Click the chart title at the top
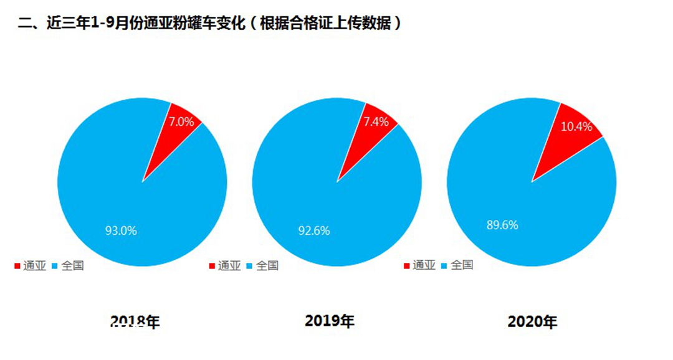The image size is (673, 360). (209, 24)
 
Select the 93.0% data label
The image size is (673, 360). (121, 230)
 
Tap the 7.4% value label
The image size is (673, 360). (376, 121)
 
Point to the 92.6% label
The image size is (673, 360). (314, 230)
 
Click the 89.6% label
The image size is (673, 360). (502, 225)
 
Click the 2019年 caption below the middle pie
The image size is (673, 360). (330, 321)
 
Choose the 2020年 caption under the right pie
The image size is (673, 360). (533, 322)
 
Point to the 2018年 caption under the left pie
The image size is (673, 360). (135, 321)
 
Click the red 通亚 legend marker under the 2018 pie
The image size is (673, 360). (17, 267)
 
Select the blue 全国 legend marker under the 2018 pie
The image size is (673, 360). (55, 267)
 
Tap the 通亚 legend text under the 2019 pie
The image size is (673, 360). (229, 266)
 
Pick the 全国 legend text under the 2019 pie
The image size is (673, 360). (267, 266)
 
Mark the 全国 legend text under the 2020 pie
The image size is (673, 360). (461, 265)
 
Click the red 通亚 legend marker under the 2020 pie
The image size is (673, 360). (407, 266)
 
